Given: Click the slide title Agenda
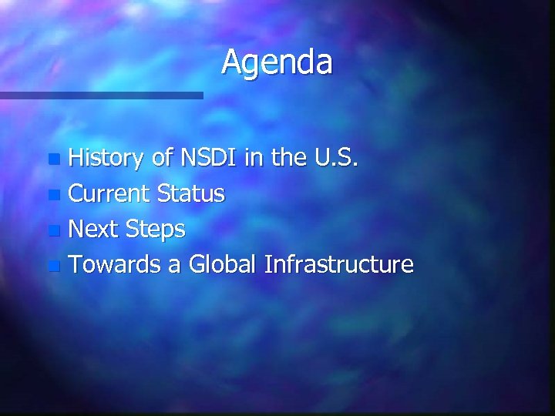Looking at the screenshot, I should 277,63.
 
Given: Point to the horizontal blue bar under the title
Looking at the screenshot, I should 101,96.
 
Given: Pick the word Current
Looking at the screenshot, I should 109,194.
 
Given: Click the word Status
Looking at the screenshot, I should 191,194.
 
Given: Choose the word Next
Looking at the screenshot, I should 92,230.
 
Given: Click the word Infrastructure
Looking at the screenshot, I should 339,265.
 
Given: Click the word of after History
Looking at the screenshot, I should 162,159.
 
